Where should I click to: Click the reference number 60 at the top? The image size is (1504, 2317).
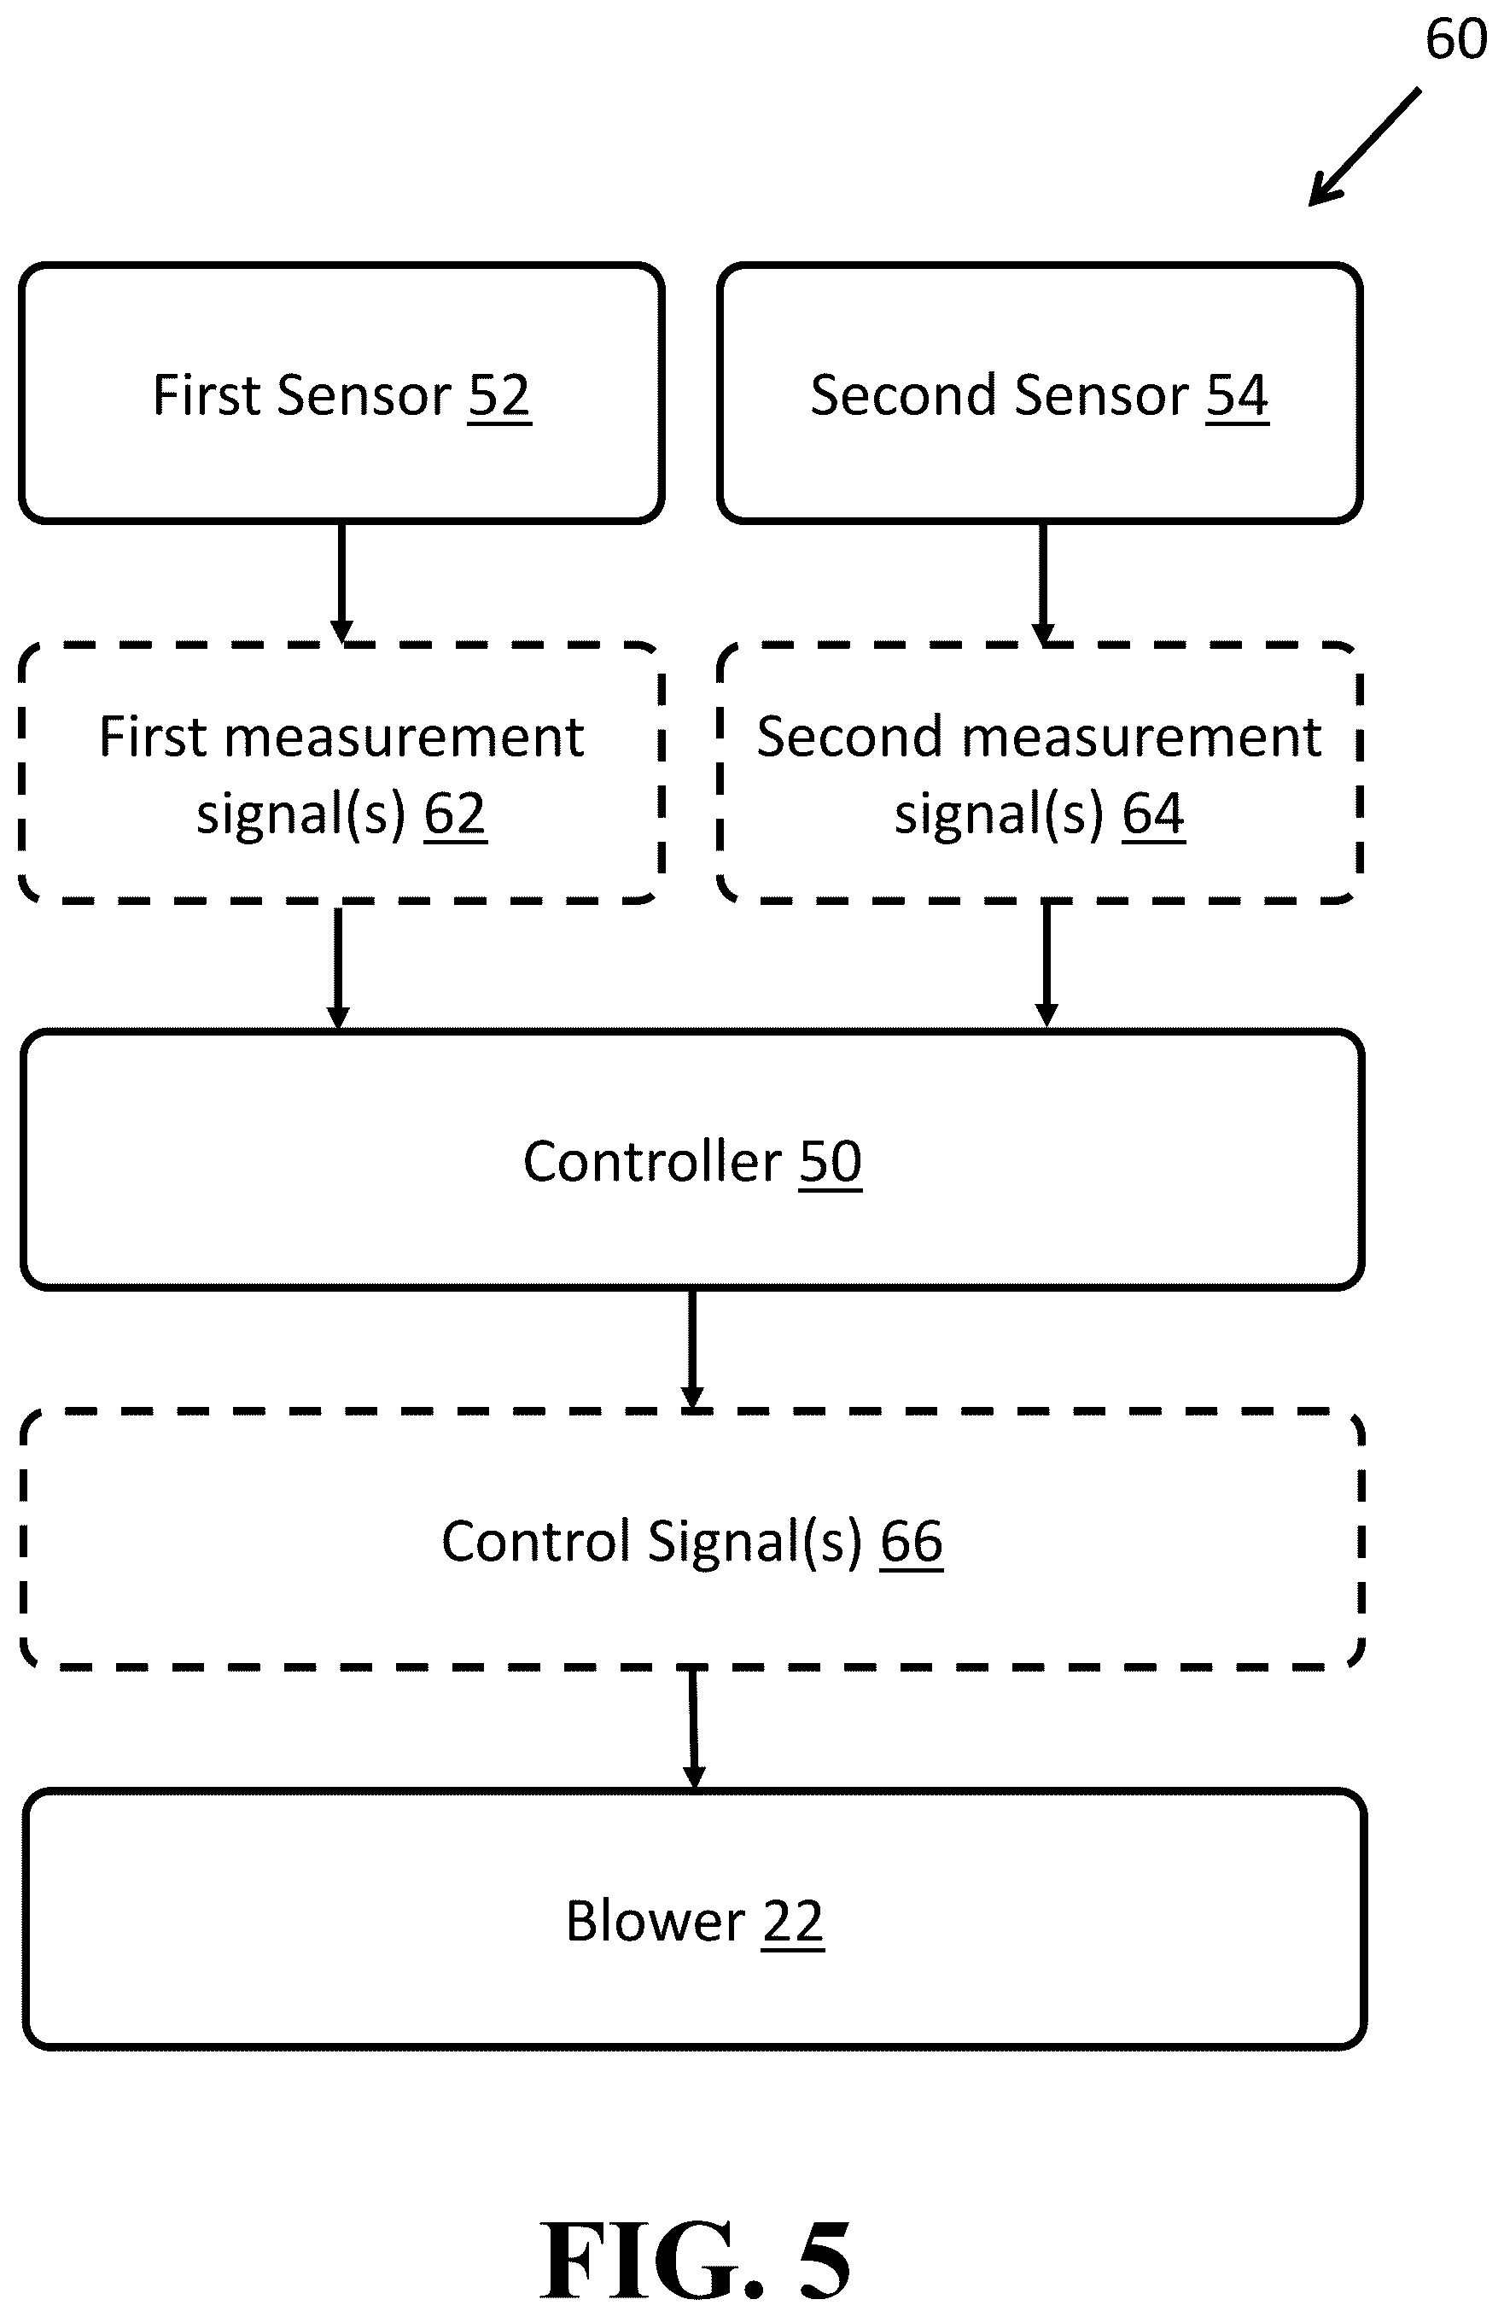(x=1455, y=40)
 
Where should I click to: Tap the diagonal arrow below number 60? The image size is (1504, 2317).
(x=1364, y=147)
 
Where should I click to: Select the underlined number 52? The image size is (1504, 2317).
(x=499, y=395)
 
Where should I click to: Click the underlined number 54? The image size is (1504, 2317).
(x=1238, y=395)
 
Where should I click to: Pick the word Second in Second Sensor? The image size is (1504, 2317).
(x=901, y=395)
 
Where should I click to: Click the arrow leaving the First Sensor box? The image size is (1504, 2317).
(x=341, y=583)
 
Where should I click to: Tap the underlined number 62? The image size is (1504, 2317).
(x=455, y=814)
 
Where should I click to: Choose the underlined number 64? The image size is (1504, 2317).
(x=1153, y=814)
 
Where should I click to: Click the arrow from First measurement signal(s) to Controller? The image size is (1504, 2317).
(x=338, y=966)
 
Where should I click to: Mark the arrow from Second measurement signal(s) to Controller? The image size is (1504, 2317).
(x=1046, y=965)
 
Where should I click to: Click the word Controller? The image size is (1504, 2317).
(x=652, y=1161)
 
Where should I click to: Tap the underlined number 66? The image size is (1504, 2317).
(x=911, y=1542)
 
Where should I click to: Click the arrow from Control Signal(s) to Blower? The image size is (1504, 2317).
(x=694, y=1730)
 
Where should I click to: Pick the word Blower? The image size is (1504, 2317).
(x=656, y=1922)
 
